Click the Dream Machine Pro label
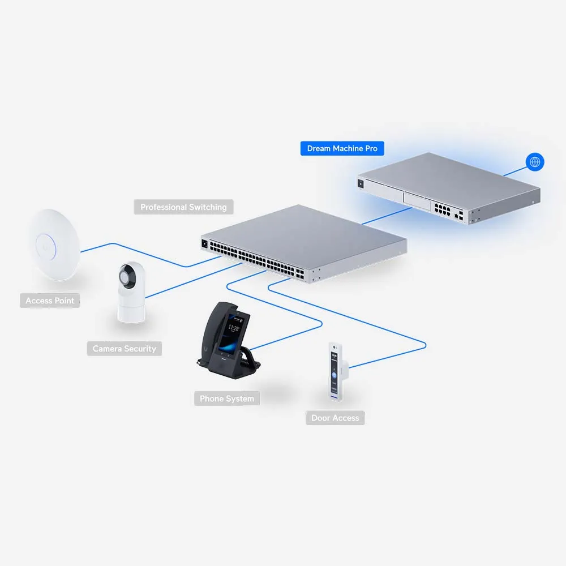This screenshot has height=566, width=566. point(342,148)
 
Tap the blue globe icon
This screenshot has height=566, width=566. point(535,162)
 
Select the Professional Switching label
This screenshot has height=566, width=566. point(183,207)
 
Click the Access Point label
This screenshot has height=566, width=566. point(50,301)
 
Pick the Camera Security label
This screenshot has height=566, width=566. point(124,348)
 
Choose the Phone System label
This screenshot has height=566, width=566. point(227,398)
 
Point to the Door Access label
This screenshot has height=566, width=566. point(335,418)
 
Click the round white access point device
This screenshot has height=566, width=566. point(55,245)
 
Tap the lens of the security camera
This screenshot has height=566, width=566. point(125,277)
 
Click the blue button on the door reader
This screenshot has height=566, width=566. point(334,375)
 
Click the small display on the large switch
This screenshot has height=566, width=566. point(205,244)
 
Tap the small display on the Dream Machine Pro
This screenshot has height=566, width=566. point(360,184)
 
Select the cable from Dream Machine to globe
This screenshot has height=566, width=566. point(514,171)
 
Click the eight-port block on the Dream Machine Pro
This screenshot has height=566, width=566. point(442,209)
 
